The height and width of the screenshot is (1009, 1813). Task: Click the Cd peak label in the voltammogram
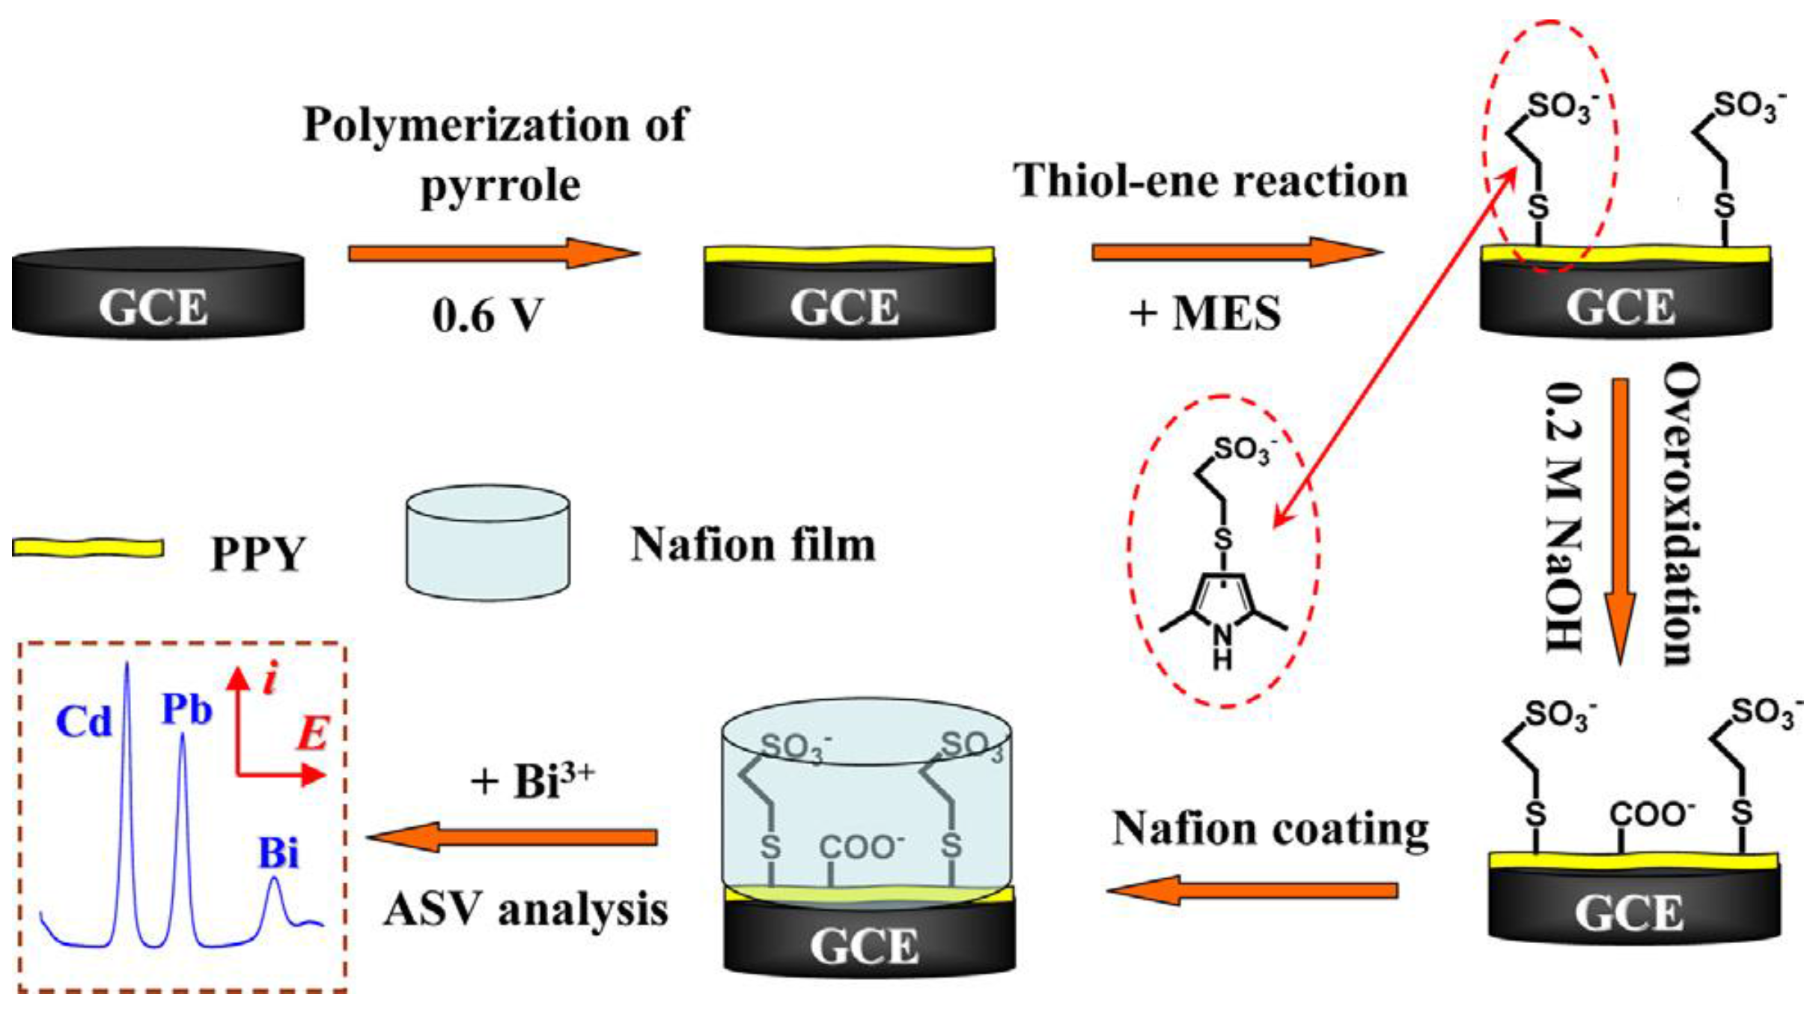[83, 722]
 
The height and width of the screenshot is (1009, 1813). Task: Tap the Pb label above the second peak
[186, 709]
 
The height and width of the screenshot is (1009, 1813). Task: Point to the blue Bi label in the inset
[278, 853]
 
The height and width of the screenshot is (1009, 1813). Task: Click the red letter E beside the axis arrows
[313, 734]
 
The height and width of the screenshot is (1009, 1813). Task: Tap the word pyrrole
[500, 186]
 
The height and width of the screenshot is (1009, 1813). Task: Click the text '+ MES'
[1204, 313]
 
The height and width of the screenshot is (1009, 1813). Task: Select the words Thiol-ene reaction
[1210, 181]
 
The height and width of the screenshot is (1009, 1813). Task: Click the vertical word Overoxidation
[1681, 513]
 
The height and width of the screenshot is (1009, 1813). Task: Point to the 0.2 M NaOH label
[1564, 516]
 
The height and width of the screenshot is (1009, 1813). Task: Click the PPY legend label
[258, 554]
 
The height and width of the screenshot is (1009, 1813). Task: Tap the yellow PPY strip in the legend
[88, 548]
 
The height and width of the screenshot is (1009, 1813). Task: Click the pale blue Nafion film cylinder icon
[487, 543]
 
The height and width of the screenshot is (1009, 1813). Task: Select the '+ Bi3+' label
[532, 781]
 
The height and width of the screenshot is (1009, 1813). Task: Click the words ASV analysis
[525, 910]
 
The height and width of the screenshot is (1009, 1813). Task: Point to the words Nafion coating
[1270, 829]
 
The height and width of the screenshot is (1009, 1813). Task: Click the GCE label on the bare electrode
[153, 307]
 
